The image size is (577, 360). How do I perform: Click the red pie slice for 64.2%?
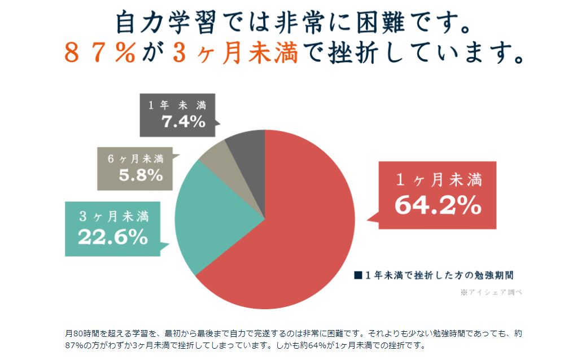coord(294,226)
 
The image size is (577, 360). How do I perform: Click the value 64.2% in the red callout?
coord(438,205)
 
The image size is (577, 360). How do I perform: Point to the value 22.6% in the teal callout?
coord(113,237)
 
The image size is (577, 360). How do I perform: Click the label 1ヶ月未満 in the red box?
coord(438,181)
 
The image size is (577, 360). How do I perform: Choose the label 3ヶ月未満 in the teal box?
coord(113,217)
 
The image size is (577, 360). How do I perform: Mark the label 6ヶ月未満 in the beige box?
coord(135,159)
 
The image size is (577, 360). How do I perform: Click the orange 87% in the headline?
coord(99,54)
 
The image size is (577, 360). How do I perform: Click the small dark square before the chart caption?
coord(357,275)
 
